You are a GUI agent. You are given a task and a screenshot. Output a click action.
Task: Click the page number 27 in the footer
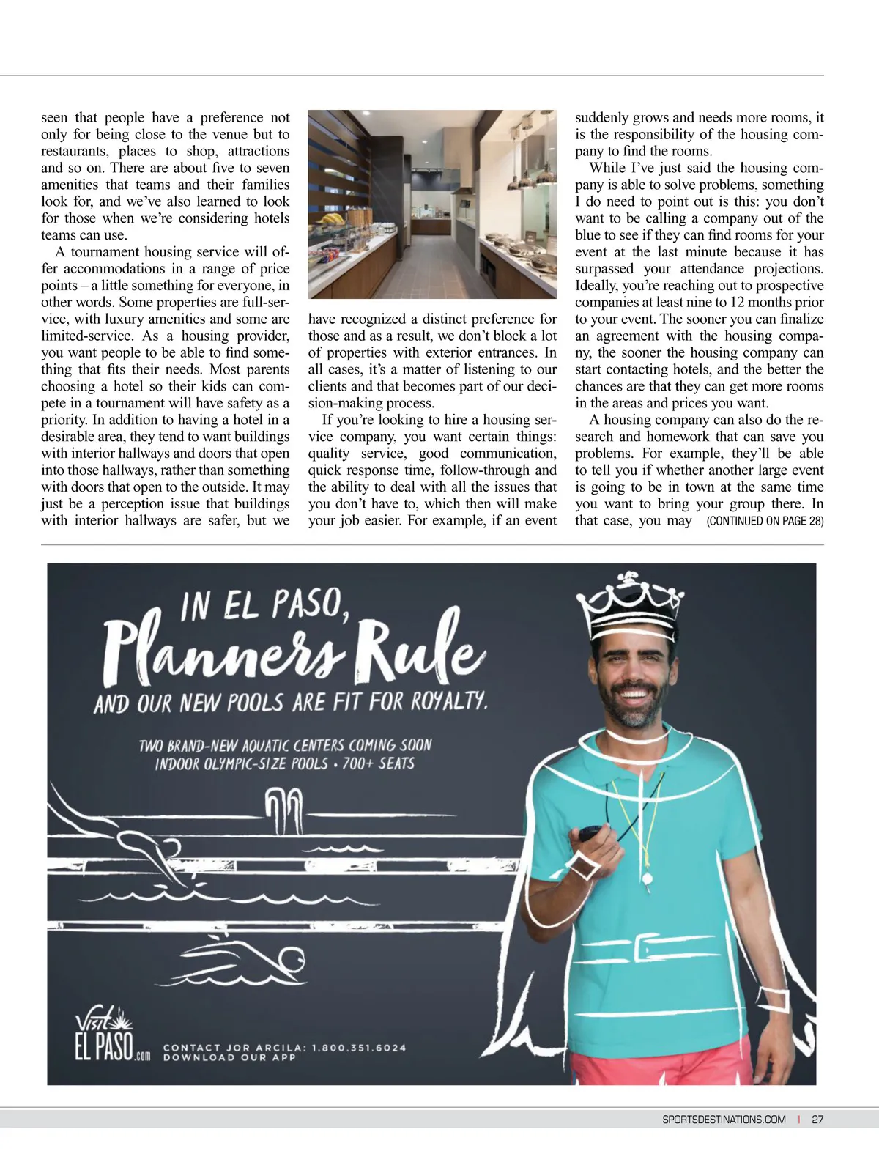click(x=817, y=1119)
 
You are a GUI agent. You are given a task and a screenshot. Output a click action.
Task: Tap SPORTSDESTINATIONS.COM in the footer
click(x=724, y=1119)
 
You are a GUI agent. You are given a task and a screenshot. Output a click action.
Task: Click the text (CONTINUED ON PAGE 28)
click(x=765, y=521)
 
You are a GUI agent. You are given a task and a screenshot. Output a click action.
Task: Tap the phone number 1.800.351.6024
click(x=358, y=1047)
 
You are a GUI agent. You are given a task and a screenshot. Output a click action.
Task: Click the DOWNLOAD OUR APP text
click(x=229, y=1057)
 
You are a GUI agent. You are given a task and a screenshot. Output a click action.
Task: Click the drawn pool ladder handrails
click(x=283, y=810)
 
